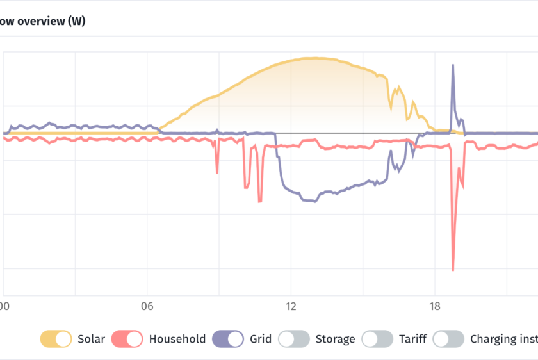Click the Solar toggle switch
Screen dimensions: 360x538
pos(56,339)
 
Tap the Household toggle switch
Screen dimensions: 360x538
pos(127,339)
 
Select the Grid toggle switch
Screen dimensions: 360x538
pos(227,339)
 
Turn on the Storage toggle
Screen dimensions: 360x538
pos(295,339)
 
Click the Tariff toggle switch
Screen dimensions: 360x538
pos(377,339)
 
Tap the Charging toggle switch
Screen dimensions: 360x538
pos(448,339)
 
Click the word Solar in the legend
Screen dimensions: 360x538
pos(92,339)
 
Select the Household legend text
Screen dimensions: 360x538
pos(177,339)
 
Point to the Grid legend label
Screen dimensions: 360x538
pos(261,339)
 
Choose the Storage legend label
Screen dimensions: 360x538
pos(336,339)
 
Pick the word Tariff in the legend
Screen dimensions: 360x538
pos(412,339)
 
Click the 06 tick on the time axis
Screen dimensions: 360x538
pos(148,306)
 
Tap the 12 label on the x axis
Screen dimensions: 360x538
pos(291,306)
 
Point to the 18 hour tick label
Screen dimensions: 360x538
pos(435,306)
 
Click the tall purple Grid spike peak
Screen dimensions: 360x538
pos(453,65)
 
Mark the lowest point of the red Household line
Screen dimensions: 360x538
pos(453,270)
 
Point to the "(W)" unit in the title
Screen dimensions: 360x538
pos(76,21)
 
